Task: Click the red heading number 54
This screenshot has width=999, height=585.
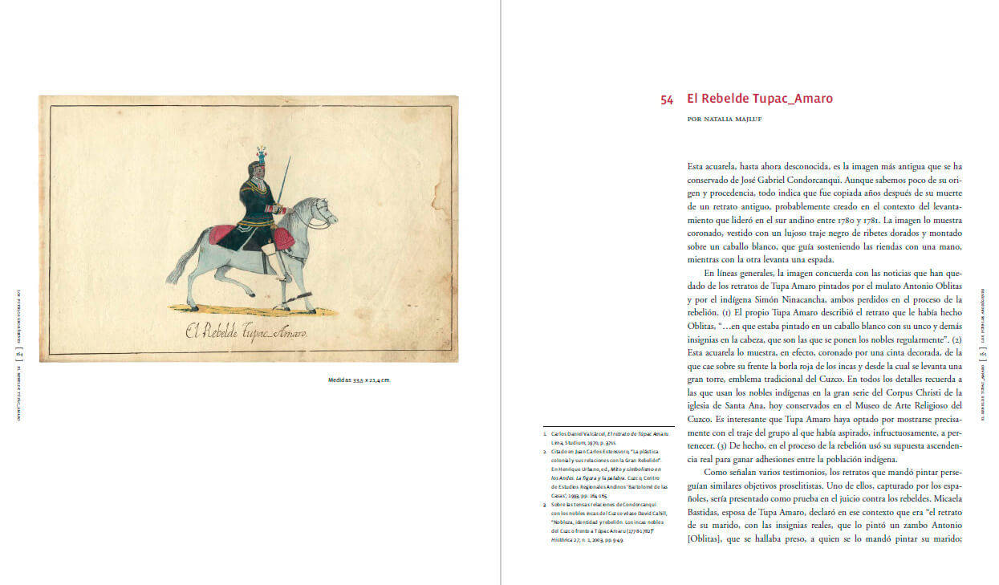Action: pos(667,100)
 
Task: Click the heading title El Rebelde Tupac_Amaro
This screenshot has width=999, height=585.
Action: pos(759,99)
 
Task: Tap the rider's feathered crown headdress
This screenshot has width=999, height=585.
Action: pos(261,154)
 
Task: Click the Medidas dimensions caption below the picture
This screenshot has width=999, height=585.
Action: pos(359,380)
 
